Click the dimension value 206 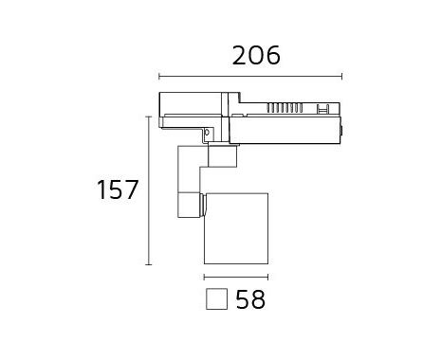pos(256,56)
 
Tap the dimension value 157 pos(118,189)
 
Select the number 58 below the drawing pos(250,299)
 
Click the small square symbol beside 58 pos(216,299)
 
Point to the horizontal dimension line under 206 pos(250,76)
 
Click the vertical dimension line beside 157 pos(149,190)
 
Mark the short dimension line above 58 pos(236,278)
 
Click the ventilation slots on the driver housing pos(285,108)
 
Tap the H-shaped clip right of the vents pos(322,108)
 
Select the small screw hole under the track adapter pos(208,132)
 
